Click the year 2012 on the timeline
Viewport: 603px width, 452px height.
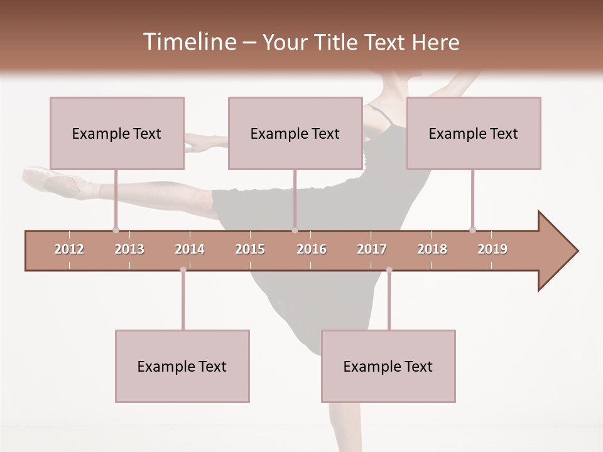[69, 249]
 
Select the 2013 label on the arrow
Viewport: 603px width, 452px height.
[129, 249]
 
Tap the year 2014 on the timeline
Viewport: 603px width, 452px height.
[190, 249]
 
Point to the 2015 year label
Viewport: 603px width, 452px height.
[250, 249]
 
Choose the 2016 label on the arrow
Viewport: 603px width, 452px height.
[312, 249]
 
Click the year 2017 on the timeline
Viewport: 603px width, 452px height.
[372, 249]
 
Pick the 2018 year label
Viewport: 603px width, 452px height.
[432, 249]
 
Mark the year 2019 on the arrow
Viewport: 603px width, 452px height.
[492, 249]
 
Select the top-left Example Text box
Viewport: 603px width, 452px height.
[117, 134]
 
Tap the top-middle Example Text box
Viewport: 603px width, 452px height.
[295, 134]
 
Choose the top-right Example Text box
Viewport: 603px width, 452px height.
[474, 134]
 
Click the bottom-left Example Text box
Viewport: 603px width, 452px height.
[182, 367]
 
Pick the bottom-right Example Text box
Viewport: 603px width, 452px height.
[388, 367]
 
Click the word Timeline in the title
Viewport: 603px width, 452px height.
[188, 42]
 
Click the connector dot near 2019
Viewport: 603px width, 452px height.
[472, 230]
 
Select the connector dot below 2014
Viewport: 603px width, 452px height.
[183, 270]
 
